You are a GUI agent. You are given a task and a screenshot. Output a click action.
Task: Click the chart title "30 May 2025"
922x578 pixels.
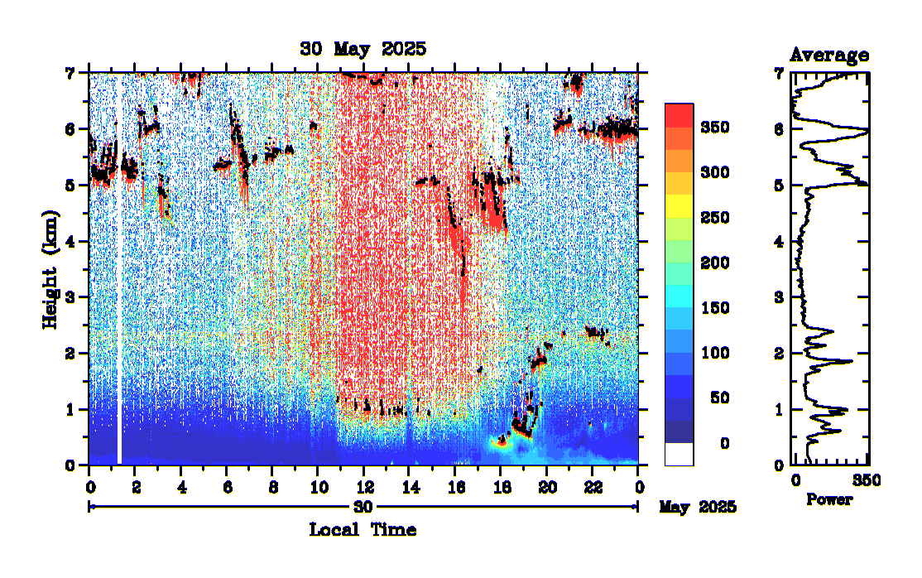click(x=363, y=49)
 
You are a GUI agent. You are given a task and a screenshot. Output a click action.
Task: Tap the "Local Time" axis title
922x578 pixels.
click(x=363, y=529)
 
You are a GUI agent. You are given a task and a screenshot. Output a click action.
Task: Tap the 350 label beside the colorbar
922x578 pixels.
click(x=714, y=128)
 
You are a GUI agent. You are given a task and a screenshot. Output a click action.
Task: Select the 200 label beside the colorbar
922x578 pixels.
click(x=714, y=263)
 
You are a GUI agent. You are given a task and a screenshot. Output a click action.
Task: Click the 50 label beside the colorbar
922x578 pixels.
click(x=718, y=398)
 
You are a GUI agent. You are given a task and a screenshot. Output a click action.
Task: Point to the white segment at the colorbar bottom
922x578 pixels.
click(x=679, y=454)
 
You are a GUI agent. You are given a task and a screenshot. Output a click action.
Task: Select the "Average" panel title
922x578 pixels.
click(x=829, y=55)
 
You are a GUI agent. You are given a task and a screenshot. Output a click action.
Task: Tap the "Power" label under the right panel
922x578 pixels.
click(x=828, y=500)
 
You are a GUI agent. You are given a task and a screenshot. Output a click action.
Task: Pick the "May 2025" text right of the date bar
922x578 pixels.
click(x=698, y=506)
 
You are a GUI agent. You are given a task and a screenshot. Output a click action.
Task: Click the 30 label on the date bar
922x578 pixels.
click(x=363, y=506)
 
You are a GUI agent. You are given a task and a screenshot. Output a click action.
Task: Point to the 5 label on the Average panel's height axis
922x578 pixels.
click(x=778, y=185)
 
